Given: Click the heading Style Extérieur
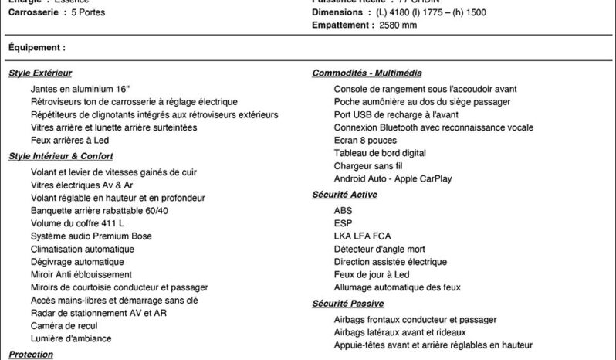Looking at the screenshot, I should (39, 73).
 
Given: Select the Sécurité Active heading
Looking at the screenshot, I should (344, 195).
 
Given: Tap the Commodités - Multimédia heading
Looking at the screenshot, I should (367, 73).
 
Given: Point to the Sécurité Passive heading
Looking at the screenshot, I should (347, 304).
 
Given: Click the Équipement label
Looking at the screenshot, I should (36, 48).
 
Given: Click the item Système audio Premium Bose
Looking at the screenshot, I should (91, 236).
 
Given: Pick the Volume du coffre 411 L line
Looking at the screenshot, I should (77, 223).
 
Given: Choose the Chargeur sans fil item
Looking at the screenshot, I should (368, 165).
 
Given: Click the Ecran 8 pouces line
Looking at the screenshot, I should (365, 140).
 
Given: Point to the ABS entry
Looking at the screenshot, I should (343, 210).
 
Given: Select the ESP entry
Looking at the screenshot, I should (343, 223).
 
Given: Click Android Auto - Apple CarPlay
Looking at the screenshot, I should (393, 178).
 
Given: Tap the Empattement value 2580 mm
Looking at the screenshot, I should (398, 25).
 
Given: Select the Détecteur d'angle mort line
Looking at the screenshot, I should (379, 249).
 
